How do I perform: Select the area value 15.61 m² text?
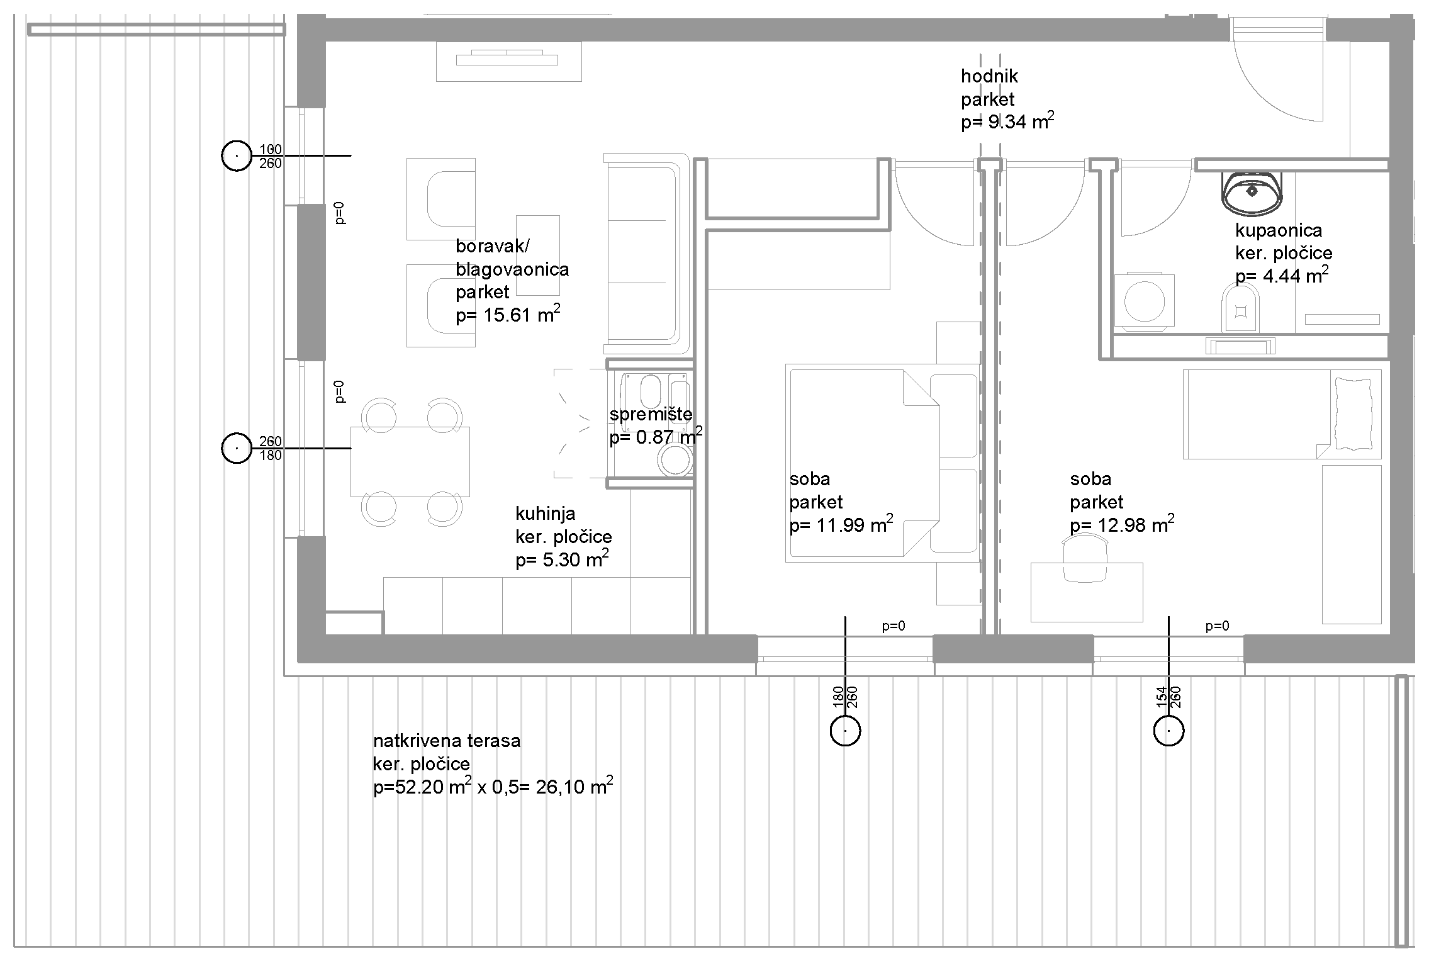tap(508, 315)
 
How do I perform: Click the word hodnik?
tap(989, 76)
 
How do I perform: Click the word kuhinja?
tap(545, 514)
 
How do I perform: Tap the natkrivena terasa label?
tap(447, 741)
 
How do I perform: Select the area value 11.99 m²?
tap(841, 524)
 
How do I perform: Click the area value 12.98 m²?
tap(1122, 524)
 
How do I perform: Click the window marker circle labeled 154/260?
tap(1168, 731)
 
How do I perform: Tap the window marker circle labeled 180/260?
tap(845, 731)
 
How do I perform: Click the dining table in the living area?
tap(410, 461)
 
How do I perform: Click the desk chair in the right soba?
tap(1085, 558)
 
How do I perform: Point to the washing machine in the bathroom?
tap(1145, 301)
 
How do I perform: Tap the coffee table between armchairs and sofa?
tap(538, 256)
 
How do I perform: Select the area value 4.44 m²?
tap(1282, 276)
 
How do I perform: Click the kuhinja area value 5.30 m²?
tap(562, 559)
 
